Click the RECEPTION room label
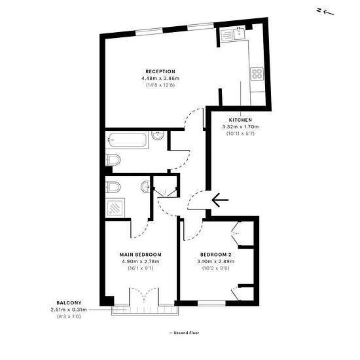click(x=160, y=71)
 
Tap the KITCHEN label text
click(x=240, y=120)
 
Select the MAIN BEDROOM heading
click(x=141, y=255)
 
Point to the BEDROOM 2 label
click(x=216, y=255)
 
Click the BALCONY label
click(x=69, y=303)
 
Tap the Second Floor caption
click(x=187, y=333)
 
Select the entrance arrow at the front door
click(x=220, y=200)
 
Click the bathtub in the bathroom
click(x=127, y=139)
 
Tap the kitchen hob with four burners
click(x=257, y=74)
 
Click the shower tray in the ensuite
click(x=115, y=207)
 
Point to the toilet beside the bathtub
click(x=113, y=160)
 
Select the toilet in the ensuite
click(x=113, y=187)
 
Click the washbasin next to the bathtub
click(x=158, y=135)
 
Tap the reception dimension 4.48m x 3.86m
click(x=160, y=79)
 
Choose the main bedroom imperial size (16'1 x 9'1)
click(x=141, y=268)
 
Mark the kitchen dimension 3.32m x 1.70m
click(x=240, y=126)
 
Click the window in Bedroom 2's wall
click(x=211, y=304)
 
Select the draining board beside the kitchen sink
click(x=226, y=35)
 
